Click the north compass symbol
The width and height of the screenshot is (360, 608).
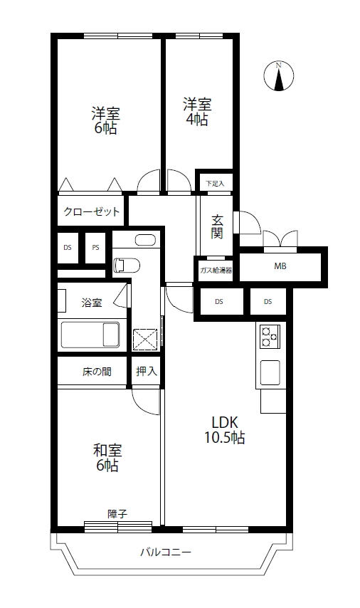pos(279,76)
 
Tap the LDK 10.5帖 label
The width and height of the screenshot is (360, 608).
pos(224,429)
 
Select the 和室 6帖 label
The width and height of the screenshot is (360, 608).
pos(107,458)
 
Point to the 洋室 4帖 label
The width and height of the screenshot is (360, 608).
pos(197,112)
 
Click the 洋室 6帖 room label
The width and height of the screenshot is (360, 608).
pos(106,120)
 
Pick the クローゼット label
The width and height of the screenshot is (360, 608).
pos(92,211)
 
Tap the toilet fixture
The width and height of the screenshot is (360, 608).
pos(127,266)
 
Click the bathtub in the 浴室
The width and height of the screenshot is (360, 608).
pos(90,335)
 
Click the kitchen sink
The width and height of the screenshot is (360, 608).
pos(270,372)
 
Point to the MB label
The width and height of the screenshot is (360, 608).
pos(280,266)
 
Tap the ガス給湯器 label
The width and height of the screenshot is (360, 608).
pos(216,271)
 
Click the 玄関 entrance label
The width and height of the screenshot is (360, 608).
pos(217,226)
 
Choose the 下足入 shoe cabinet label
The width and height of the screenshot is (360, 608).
pos(215,184)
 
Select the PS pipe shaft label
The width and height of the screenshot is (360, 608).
pos(95,247)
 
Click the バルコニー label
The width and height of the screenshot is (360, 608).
pos(166,552)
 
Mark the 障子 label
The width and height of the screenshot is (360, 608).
pos(117,514)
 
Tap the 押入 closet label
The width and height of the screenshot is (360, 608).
pos(147,371)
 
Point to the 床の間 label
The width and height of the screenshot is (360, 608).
pos(97,372)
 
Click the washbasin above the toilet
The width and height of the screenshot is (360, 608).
pos(145,240)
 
